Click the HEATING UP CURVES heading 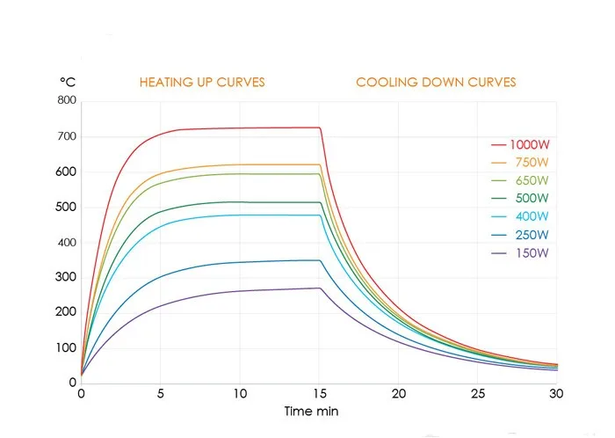point(202,83)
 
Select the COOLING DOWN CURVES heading point(436,83)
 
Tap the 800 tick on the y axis point(67,101)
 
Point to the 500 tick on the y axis point(67,207)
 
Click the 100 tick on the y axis point(67,347)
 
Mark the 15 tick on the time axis point(321,395)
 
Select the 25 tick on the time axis point(479,395)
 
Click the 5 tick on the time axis point(161,395)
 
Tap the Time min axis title point(311,412)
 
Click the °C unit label point(68,82)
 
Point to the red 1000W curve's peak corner point(320,128)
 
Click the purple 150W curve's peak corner point(321,288)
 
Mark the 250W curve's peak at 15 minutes point(320,260)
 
